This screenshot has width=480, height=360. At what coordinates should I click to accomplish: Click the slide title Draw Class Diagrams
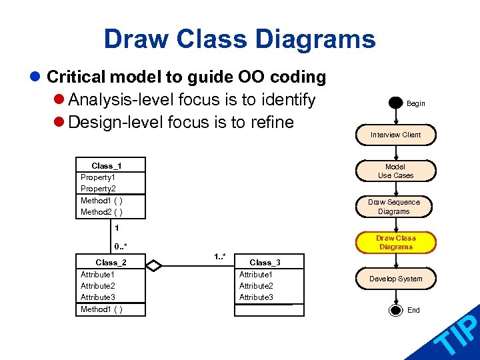[x=239, y=39]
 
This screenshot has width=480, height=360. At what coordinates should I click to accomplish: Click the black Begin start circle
[x=396, y=103]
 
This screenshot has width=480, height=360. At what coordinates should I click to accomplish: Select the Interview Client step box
[x=395, y=135]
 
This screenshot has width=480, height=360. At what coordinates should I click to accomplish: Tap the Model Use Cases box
[x=395, y=171]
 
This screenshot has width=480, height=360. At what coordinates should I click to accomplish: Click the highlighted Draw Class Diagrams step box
[x=395, y=243]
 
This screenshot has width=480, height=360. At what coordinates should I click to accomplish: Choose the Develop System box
[x=395, y=279]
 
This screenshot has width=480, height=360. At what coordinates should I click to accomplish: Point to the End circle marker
[x=396, y=310]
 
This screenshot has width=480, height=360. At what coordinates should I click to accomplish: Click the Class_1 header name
[x=107, y=165]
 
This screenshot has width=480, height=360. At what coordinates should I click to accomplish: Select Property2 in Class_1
[x=98, y=189]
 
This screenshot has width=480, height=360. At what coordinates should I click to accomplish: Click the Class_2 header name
[x=111, y=263]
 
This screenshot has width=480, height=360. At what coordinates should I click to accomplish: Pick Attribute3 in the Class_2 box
[x=98, y=297]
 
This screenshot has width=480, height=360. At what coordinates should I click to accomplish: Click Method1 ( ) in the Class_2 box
[x=101, y=309]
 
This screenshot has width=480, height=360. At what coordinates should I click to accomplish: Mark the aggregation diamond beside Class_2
[x=154, y=266]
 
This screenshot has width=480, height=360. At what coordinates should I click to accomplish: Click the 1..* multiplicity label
[x=219, y=257]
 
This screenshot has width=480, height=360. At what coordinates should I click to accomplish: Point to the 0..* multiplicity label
[x=121, y=247]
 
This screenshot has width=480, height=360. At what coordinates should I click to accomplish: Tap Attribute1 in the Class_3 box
[x=257, y=275]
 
